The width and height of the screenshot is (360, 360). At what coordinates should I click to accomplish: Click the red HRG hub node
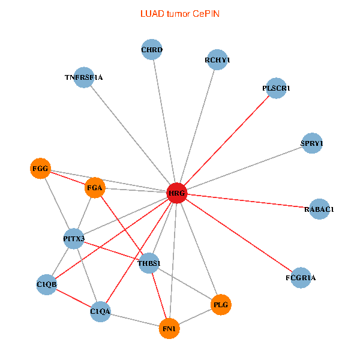(176, 193)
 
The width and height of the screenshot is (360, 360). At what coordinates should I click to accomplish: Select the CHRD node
(152, 50)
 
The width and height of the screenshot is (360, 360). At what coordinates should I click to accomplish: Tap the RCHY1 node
(217, 60)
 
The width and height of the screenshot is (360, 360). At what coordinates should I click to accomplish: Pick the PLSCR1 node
(275, 88)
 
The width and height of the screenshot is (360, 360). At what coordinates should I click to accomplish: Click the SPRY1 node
(311, 143)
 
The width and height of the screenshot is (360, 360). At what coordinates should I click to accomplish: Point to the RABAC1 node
(319, 209)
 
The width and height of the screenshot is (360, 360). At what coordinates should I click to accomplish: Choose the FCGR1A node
(300, 278)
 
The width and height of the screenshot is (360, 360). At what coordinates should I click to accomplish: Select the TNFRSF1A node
(84, 77)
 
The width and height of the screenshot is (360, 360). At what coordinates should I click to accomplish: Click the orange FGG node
(40, 168)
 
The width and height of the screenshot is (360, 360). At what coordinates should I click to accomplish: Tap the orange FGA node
(95, 188)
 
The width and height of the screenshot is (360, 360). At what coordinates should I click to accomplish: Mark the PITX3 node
(74, 239)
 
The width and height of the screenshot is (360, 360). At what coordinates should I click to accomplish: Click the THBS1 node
(149, 263)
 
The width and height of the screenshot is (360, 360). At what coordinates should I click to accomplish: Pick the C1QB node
(46, 284)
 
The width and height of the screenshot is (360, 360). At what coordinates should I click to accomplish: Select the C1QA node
(100, 311)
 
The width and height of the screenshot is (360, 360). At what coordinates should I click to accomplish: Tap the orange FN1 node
(169, 328)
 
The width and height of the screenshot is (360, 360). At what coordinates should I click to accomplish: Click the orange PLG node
(221, 305)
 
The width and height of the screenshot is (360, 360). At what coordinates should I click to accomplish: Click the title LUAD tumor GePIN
(179, 13)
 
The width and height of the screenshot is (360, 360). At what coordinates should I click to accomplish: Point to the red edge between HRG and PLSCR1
(226, 141)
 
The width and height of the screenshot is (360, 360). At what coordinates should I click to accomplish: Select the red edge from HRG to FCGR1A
(238, 236)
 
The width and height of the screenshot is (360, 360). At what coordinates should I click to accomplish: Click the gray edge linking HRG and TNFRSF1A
(130, 136)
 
